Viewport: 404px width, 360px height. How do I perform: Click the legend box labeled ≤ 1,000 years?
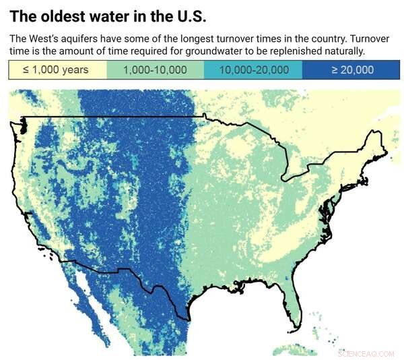pos(60,70)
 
